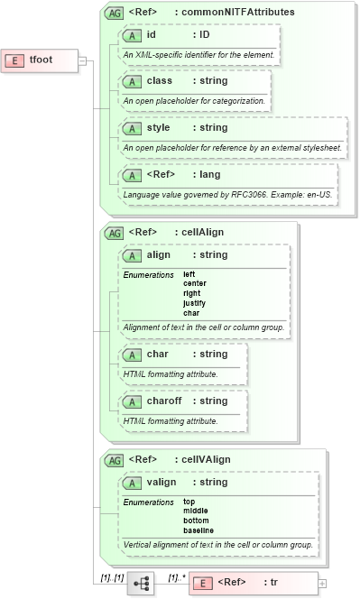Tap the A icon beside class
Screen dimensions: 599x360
(133, 81)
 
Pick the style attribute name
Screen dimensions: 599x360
(160, 127)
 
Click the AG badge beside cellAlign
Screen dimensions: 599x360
(115, 232)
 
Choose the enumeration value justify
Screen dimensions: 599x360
(194, 303)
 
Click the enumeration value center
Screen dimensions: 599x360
(195, 283)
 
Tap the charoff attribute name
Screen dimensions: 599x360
(166, 401)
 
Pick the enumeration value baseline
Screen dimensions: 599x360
(198, 530)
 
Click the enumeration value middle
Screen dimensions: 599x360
(195, 511)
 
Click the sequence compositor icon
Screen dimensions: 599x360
(142, 584)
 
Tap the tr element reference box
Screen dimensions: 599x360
(253, 583)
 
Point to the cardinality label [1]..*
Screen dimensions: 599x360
(177, 576)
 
